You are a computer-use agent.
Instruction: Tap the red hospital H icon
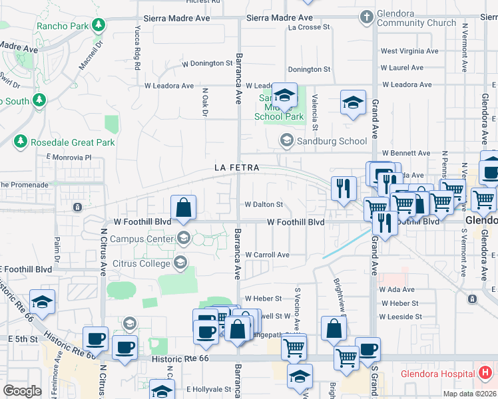pos(485,373)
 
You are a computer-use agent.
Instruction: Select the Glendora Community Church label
pos(416,18)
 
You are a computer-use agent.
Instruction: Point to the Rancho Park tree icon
pos(99,26)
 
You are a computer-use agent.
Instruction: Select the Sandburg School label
pos(332,141)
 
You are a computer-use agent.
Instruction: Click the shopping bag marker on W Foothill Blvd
pos(184,207)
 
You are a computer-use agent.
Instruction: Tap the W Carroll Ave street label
pos(267,255)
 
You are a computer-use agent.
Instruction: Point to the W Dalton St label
pos(264,205)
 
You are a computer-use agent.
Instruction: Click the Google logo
pos(22,391)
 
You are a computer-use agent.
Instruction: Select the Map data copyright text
pos(471,393)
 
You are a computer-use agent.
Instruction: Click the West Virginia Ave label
pos(409,51)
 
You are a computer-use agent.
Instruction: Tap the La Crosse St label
pos(310,28)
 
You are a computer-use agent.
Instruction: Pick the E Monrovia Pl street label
pos(68,158)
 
